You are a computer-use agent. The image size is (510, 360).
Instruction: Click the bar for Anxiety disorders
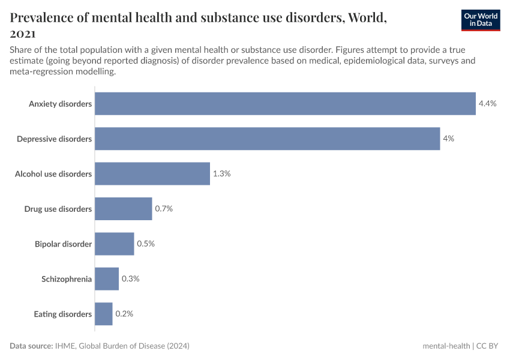click(x=285, y=104)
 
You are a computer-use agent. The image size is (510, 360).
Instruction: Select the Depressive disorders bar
click(x=267, y=139)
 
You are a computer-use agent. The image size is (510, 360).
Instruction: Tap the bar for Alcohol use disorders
click(x=152, y=173)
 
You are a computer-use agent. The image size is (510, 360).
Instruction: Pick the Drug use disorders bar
click(x=124, y=209)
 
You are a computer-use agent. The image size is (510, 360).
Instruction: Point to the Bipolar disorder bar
click(x=115, y=244)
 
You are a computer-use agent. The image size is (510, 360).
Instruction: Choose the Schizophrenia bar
click(x=107, y=279)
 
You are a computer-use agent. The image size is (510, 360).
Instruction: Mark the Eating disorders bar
click(x=104, y=314)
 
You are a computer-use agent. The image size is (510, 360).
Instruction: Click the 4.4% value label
click(x=487, y=104)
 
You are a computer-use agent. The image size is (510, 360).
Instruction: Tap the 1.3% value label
click(x=221, y=173)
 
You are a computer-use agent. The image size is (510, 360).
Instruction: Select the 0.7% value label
click(x=164, y=209)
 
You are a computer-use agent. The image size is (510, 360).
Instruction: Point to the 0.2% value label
click(x=124, y=314)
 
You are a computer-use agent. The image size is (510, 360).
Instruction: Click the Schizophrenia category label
click(x=67, y=279)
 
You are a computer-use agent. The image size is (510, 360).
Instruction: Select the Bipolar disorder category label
click(x=63, y=244)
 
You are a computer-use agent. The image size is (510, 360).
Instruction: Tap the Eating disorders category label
click(x=62, y=314)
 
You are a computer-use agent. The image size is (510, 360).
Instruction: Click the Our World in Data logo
click(x=481, y=20)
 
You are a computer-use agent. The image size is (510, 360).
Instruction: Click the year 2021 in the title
click(x=23, y=34)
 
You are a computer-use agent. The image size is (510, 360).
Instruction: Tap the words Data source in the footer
click(x=31, y=346)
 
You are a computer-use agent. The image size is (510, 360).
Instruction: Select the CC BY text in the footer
click(x=488, y=346)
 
